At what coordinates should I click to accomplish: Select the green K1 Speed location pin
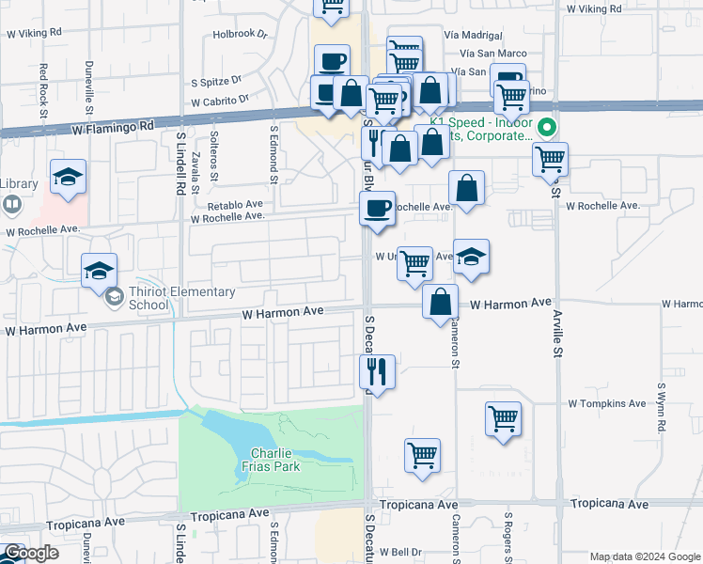(547, 127)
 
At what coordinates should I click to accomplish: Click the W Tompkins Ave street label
(607, 403)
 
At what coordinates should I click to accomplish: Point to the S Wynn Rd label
(662, 407)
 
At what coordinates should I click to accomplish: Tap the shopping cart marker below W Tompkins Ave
(504, 419)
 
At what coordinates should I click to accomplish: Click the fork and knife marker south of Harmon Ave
(377, 373)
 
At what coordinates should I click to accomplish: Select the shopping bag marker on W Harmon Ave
(440, 303)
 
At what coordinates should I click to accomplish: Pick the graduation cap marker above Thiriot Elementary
(99, 272)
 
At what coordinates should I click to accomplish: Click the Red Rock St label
(43, 90)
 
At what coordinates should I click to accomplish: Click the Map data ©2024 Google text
(645, 556)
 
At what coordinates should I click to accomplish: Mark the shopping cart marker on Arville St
(550, 159)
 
